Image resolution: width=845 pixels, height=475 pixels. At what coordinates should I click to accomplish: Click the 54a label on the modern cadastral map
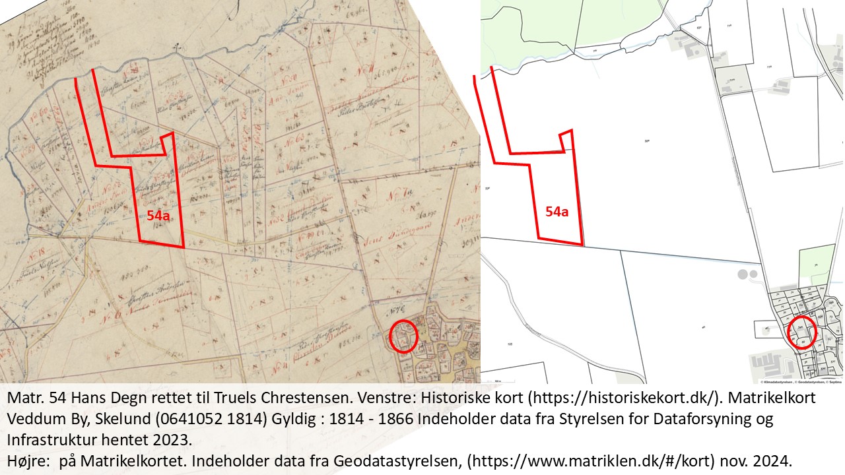(557, 212)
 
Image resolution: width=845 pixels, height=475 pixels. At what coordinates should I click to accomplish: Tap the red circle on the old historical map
(403, 336)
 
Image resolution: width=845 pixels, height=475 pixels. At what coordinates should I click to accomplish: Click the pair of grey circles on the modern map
(747, 273)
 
